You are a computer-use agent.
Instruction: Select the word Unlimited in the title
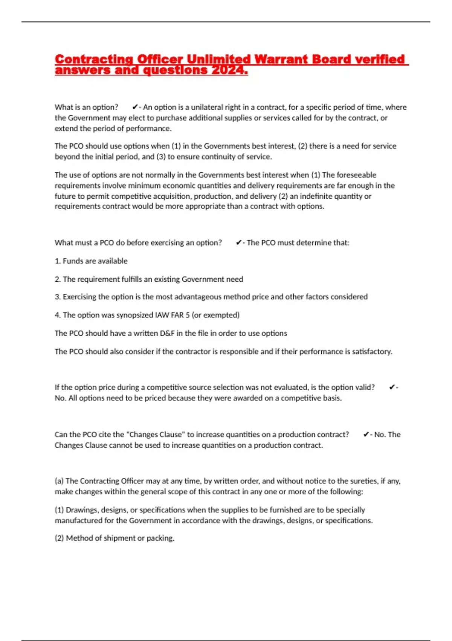coord(218,59)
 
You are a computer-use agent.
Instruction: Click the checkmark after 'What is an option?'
coord(135,107)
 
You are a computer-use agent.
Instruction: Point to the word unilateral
coord(207,107)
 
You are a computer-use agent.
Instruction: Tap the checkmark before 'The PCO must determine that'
coord(238,243)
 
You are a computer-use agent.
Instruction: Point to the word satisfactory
coord(372,351)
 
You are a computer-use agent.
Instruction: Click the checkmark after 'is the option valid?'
coord(392,387)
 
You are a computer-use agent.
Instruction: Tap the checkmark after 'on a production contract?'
coord(366,434)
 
